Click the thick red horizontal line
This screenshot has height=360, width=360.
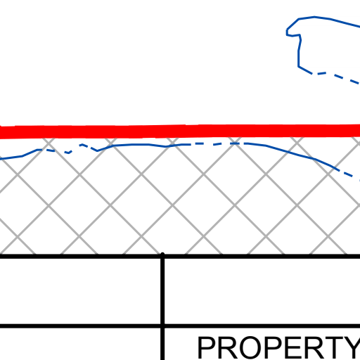(x=180, y=131)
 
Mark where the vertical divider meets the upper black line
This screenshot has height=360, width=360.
(x=162, y=256)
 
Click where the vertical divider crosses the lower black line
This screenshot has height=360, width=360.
(x=162, y=326)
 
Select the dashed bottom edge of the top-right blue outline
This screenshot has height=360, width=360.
(x=336, y=77)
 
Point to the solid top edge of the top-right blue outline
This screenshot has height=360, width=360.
(x=328, y=19)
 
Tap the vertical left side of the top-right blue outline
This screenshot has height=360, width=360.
(x=299, y=55)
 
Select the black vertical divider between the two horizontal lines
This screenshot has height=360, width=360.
(x=162, y=291)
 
